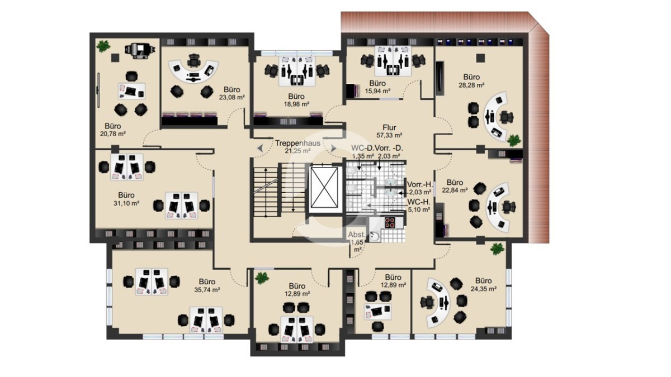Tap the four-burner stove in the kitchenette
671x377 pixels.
[x=390, y=222]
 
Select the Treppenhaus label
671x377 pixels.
[x=297, y=143]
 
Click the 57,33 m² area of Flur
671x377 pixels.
[x=389, y=135]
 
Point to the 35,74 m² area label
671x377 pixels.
[x=207, y=290]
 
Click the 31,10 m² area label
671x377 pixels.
[x=126, y=203]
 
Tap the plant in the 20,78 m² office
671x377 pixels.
[x=103, y=46]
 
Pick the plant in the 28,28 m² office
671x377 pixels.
[x=514, y=140]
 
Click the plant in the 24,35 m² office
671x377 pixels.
[x=497, y=249]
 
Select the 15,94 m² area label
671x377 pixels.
[x=377, y=91]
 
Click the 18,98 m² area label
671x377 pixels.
[x=296, y=104]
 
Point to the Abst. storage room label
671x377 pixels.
[x=357, y=235]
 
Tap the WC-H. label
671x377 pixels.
[x=419, y=202]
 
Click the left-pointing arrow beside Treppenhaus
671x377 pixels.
[x=260, y=148]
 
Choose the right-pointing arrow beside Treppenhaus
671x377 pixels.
[x=333, y=148]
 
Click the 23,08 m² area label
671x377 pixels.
[x=232, y=97]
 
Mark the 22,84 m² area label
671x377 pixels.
[x=455, y=190]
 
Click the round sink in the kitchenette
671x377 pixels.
[x=374, y=236]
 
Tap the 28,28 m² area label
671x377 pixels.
[x=471, y=85]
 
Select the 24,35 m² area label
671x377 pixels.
[x=484, y=289]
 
